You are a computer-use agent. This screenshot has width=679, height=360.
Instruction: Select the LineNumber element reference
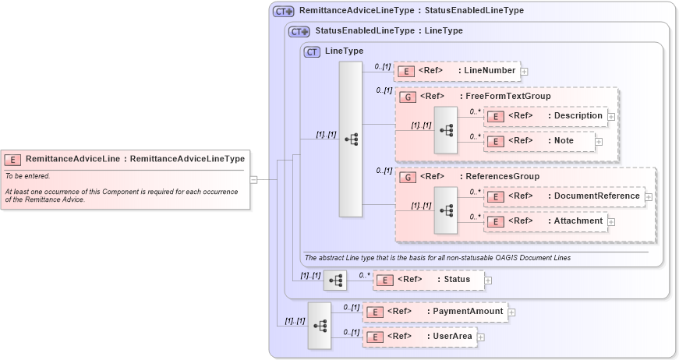click(457, 71)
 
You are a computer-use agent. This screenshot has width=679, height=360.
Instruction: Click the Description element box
click(545, 116)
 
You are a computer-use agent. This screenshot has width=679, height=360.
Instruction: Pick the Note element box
click(539, 140)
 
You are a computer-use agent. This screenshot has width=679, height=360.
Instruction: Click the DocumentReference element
click(564, 196)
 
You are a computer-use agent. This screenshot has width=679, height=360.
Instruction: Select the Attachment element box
click(545, 221)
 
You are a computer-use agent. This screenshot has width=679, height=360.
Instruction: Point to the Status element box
click(428, 279)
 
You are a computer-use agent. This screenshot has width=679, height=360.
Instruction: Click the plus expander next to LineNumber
click(525, 72)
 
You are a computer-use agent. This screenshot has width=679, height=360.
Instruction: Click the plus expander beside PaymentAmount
click(512, 312)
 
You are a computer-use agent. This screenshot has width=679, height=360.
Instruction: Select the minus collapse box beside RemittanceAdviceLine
click(253, 179)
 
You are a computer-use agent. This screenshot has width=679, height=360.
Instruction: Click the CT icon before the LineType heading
click(312, 51)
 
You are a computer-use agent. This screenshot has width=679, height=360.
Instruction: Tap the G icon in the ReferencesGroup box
click(408, 177)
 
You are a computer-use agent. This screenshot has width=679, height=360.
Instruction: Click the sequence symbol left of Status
click(335, 280)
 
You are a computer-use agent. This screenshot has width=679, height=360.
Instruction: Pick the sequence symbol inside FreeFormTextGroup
click(446, 129)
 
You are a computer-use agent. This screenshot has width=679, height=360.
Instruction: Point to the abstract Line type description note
click(437, 258)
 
